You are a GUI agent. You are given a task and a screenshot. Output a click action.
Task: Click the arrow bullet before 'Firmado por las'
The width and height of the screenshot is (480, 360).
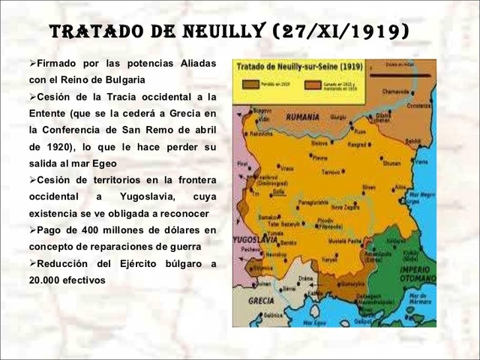coord(33,63)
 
